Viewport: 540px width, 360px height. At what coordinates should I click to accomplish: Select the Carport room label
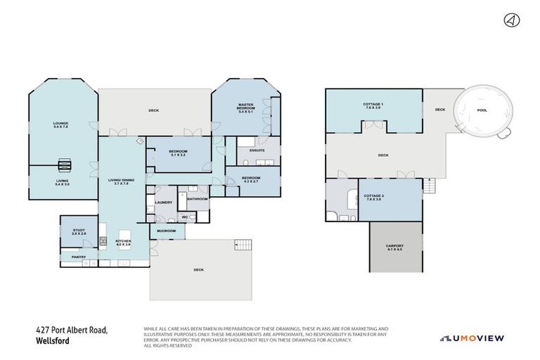pos(394,247)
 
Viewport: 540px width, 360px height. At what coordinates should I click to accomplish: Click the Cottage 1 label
pos(373,105)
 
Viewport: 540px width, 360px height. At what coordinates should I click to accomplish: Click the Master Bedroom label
pos(245,108)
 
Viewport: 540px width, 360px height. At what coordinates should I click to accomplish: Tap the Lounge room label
pos(60,125)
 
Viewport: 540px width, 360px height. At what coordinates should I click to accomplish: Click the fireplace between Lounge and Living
pos(64,166)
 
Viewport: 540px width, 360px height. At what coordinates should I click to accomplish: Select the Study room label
pos(79,232)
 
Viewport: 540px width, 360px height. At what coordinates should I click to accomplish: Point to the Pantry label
pos(78,257)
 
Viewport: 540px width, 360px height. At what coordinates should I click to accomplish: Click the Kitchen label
pos(124,244)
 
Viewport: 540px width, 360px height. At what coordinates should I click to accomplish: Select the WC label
pos(184,217)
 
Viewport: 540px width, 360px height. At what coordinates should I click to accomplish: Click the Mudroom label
pos(166,231)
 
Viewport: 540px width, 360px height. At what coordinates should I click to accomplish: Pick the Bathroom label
pos(197,199)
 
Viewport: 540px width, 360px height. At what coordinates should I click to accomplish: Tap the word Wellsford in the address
pos(53,342)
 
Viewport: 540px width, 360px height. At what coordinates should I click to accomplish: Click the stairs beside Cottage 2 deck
pos(430,186)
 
